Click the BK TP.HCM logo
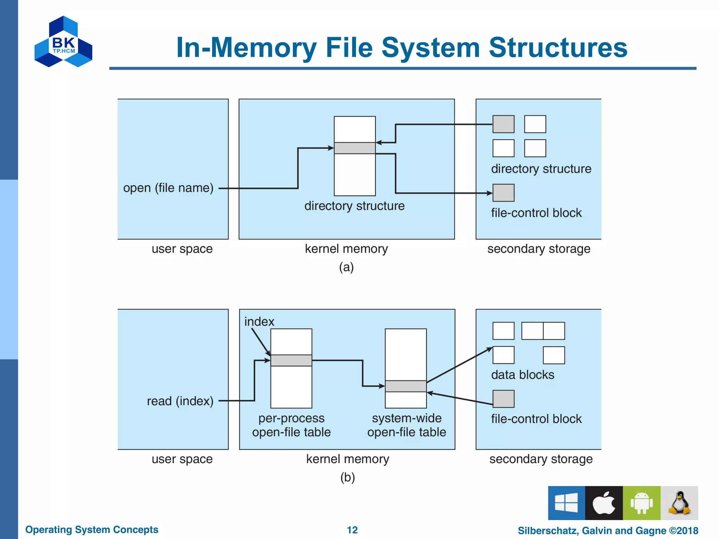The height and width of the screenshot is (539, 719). click(63, 42)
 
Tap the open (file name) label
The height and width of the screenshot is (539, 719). click(168, 188)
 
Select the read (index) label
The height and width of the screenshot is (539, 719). click(180, 401)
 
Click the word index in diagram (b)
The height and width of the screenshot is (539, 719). click(259, 322)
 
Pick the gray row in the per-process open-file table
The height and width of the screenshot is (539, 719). click(291, 360)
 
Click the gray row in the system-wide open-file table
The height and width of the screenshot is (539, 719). click(405, 386)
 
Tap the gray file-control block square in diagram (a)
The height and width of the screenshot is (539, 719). click(503, 193)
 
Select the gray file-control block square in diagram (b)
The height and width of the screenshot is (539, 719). click(503, 399)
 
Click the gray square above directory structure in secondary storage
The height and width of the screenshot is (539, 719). click(503, 124)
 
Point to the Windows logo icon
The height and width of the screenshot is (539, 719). click(566, 503)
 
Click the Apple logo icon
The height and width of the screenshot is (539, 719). click(604, 503)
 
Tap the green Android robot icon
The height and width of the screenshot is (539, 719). click(641, 503)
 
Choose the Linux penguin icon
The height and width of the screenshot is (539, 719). click(679, 503)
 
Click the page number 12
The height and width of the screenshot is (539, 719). click(352, 530)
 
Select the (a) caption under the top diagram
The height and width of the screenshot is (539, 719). click(346, 267)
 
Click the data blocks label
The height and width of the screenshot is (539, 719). click(522, 375)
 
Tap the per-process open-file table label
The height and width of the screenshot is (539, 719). click(291, 425)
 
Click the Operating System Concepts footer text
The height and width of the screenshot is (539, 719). click(92, 530)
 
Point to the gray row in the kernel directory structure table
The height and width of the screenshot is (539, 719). click(355, 148)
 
